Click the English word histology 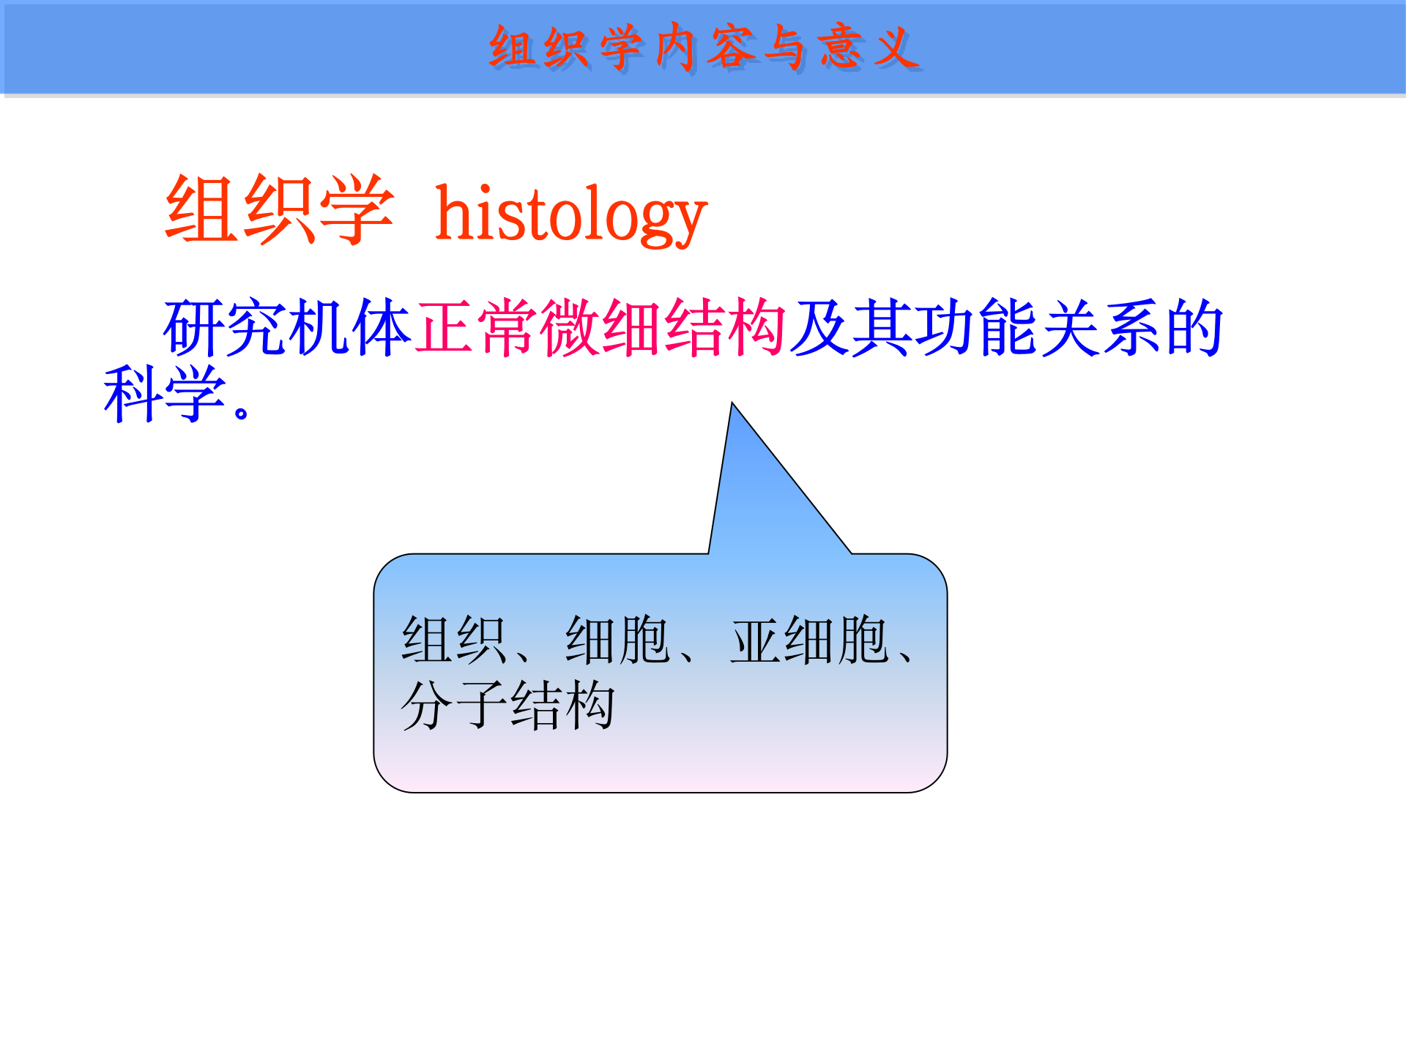click(571, 214)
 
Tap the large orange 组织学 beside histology click(280, 210)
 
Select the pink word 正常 click(477, 327)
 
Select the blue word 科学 click(165, 394)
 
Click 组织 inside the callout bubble click(454, 640)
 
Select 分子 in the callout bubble click(454, 705)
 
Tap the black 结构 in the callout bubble click(562, 705)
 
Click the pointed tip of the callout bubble click(732, 403)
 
